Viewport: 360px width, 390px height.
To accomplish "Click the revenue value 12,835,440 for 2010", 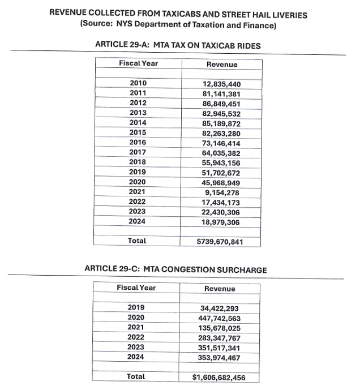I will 221,84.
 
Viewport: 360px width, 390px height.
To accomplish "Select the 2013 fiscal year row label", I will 138,113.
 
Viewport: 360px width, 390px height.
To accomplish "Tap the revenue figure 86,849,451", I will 221,103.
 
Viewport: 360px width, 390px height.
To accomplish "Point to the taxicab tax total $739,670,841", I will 220,242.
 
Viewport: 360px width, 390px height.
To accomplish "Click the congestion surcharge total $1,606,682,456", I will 219,377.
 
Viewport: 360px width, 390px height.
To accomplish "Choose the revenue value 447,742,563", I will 220,318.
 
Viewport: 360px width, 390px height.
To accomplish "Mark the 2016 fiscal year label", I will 138,142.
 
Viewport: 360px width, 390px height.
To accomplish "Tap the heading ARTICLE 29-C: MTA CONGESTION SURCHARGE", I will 175,269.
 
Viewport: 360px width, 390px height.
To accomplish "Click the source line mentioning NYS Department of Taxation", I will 178,25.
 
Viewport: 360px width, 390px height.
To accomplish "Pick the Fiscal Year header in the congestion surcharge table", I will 136,288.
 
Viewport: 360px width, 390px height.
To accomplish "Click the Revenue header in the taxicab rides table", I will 221,65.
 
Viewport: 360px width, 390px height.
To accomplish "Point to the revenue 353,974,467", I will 220,357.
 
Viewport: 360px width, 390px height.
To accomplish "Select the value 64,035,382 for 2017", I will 221,152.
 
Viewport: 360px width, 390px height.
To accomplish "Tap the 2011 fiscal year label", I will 138,93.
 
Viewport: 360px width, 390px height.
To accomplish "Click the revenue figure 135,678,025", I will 220,328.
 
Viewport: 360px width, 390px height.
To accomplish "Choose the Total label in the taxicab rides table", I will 137,241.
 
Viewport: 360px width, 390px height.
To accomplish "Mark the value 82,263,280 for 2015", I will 221,132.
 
